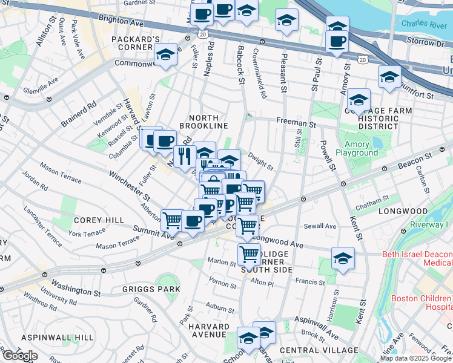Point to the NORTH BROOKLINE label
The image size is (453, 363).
(x=208, y=122)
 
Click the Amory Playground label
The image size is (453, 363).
(x=362, y=149)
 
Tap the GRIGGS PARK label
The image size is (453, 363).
(x=151, y=289)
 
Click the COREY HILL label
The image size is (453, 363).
(x=99, y=221)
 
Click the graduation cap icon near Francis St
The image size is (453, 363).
(x=343, y=259)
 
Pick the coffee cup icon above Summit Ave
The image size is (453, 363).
(x=193, y=221)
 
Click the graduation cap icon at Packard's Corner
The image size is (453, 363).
(x=165, y=54)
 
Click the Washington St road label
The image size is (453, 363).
(x=76, y=288)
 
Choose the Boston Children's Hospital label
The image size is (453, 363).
(x=422, y=302)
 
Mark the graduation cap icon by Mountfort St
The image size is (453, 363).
(x=389, y=77)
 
